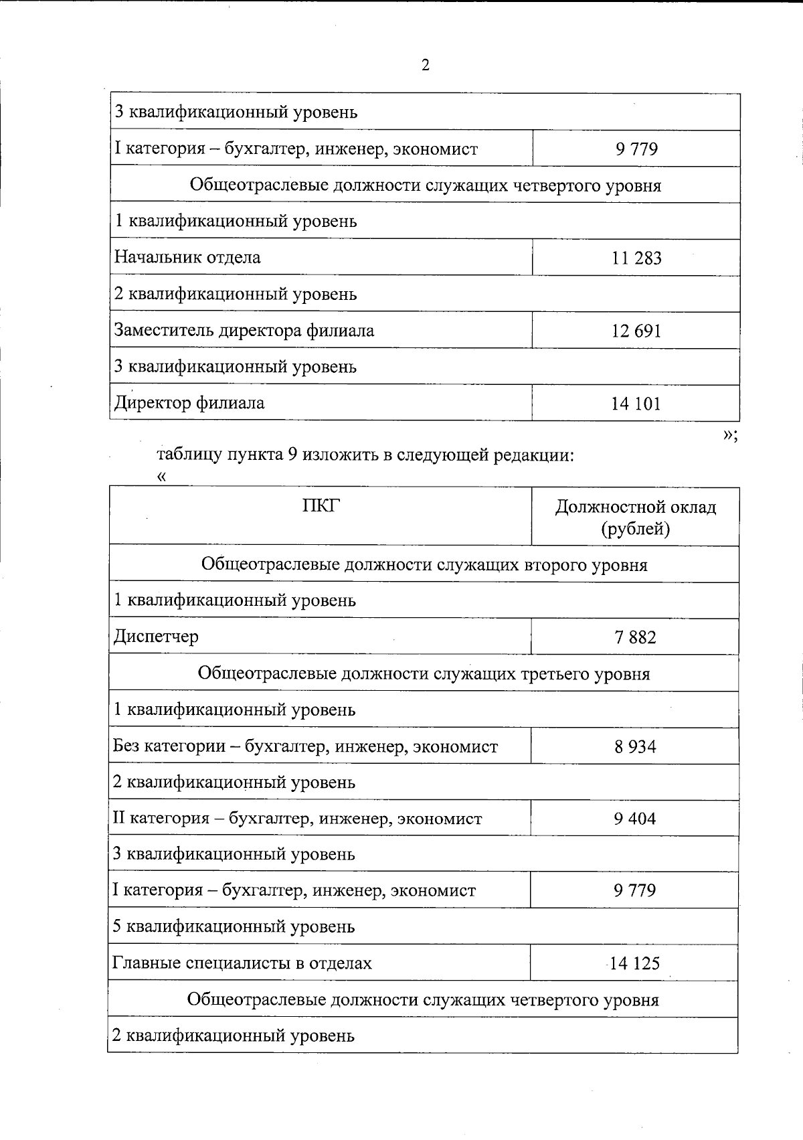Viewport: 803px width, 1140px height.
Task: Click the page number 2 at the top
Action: pos(426,65)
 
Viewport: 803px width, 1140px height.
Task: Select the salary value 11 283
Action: pos(636,258)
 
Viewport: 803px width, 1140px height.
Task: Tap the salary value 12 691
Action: pos(636,331)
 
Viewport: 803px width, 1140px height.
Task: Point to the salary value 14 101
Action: pos(636,404)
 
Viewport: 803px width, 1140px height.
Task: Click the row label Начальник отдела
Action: pos(187,258)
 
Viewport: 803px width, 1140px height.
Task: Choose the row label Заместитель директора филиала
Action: pos(244,331)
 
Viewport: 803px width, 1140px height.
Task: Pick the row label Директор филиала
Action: pos(189,404)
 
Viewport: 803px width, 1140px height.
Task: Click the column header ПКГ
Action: pos(321,506)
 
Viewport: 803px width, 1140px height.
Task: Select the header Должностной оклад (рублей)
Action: pos(635,517)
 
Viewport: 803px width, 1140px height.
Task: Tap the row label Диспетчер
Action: pos(156,636)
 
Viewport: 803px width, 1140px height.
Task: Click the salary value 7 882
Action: pos(635,637)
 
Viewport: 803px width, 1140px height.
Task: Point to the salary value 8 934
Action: pos(635,746)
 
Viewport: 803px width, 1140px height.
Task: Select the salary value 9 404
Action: pos(635,819)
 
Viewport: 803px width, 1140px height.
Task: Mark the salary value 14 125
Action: pos(634,963)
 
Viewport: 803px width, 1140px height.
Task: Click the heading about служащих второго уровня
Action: pos(424,564)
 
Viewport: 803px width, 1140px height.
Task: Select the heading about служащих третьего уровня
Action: pos(424,673)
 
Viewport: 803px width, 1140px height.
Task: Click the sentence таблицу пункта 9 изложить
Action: pos(365,455)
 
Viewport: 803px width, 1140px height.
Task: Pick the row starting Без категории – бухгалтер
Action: pos(305,746)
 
